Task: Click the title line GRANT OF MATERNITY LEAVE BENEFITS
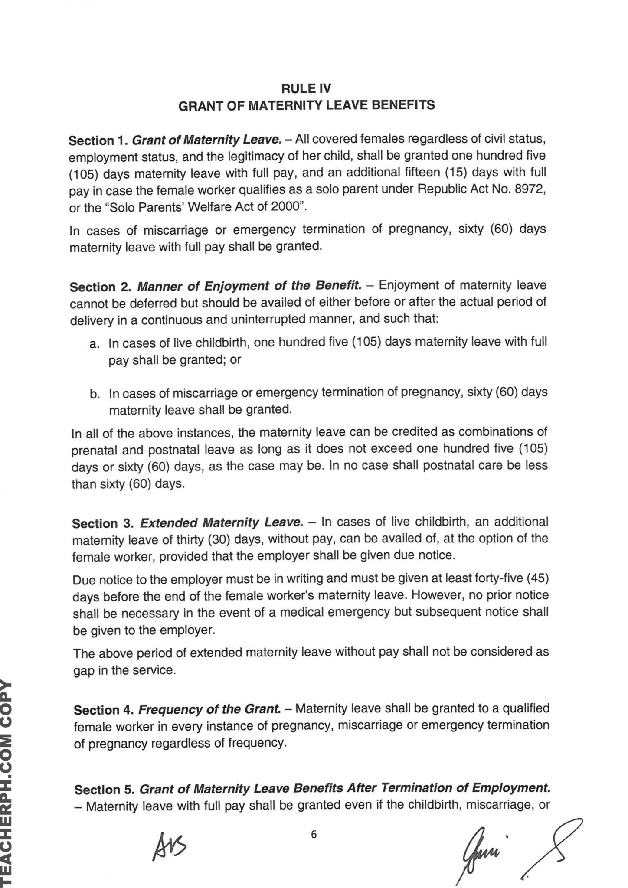[307, 105]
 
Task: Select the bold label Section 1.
[97, 141]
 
